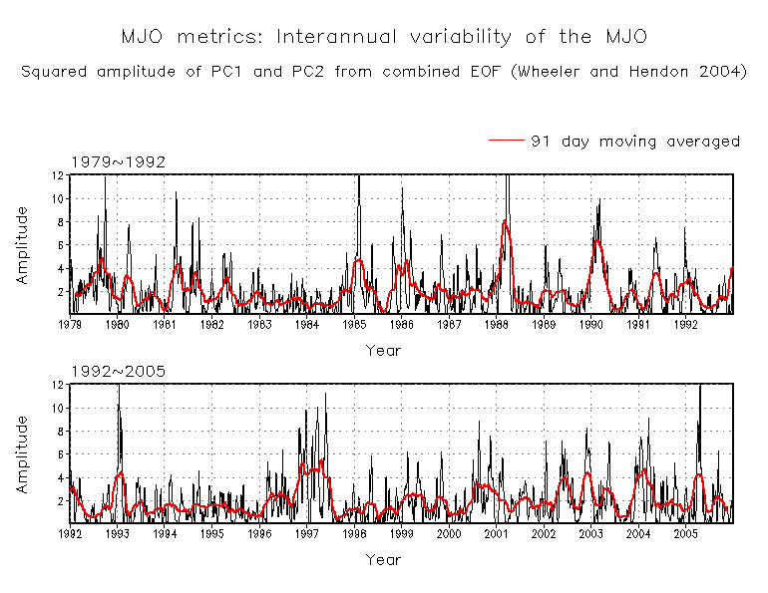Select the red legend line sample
[506, 142]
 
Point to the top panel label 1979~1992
[117, 161]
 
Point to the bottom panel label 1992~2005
[117, 371]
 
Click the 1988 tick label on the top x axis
[496, 324]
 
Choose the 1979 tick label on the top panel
[70, 324]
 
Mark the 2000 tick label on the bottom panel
[449, 534]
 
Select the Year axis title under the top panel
[383, 350]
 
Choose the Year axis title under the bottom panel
[383, 560]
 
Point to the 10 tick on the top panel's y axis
[59, 198]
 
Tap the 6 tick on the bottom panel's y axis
[61, 454]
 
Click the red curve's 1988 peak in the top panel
[506, 222]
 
